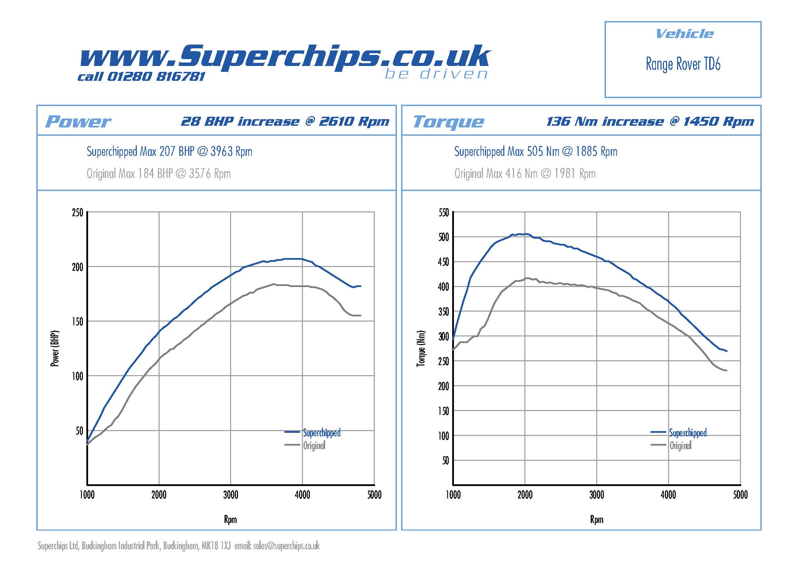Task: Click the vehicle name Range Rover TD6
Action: click(683, 64)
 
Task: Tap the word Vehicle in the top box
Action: click(684, 34)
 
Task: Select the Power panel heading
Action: click(78, 122)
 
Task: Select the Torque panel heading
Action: click(448, 122)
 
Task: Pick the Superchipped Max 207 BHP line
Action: click(169, 152)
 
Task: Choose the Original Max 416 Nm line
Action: click(525, 174)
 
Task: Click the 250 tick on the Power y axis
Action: click(77, 213)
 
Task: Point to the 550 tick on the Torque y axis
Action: click(444, 213)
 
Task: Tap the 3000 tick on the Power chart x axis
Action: click(230, 495)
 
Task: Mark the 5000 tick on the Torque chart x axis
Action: click(740, 495)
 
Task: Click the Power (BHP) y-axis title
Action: click(55, 348)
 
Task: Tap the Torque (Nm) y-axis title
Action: click(421, 348)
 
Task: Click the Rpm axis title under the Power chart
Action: click(230, 519)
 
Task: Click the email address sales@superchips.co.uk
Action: click(286, 546)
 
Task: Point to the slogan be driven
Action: click(436, 74)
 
